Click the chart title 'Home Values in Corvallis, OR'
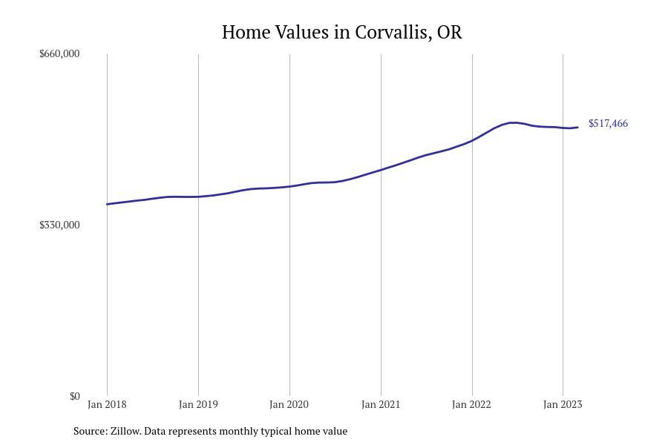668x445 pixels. [341, 33]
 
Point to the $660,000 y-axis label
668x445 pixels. [59, 53]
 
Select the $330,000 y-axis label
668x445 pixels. [59, 225]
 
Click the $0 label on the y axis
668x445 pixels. [74, 396]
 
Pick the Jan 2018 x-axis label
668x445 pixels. [107, 404]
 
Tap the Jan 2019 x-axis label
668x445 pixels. [198, 404]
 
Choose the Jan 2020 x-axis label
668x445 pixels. [289, 404]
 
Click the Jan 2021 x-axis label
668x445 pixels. [381, 404]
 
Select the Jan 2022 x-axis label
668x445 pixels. [472, 404]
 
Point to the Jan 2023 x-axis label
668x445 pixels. [563, 404]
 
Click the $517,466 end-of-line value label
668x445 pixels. [608, 123]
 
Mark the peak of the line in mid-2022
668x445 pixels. [512, 122]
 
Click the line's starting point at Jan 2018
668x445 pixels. [107, 204]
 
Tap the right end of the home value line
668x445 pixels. [577, 128]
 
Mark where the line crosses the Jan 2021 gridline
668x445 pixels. [381, 170]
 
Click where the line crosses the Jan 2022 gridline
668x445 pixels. [472, 140]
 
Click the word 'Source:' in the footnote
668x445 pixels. [90, 431]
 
